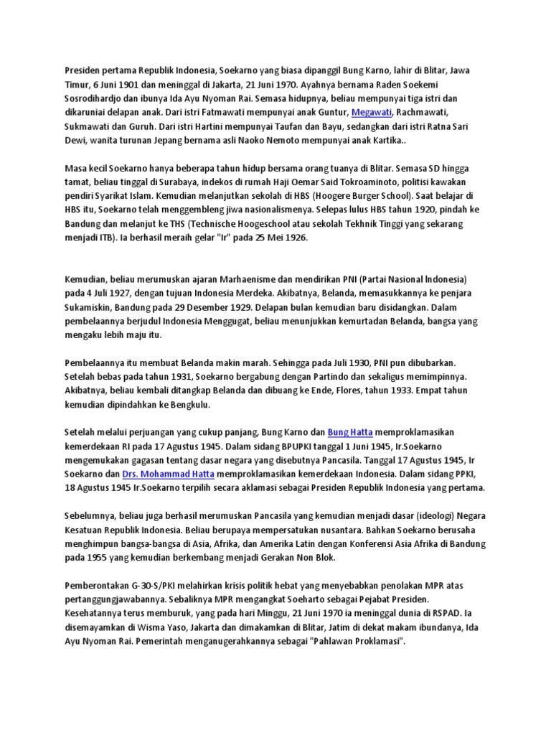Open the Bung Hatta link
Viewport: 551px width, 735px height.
point(347,432)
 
